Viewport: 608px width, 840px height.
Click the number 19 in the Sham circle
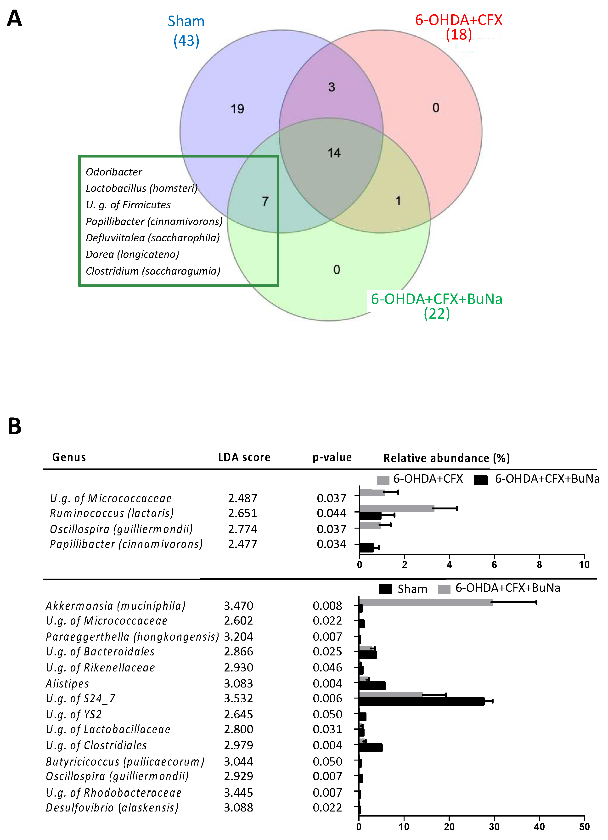pos(237,109)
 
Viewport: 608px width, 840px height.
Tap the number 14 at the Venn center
pos(334,152)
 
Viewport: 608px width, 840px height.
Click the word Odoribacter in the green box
pos(114,172)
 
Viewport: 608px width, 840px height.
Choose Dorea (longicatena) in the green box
pos(132,254)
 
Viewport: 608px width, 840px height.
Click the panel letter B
pos(15,426)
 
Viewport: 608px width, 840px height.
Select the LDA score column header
pos(244,457)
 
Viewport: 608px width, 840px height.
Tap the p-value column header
pos(332,457)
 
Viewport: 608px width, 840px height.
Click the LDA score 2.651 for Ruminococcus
pos(242,513)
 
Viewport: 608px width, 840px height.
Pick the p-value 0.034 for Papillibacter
pos(331,544)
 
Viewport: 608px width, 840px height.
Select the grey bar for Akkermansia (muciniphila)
pos(425,603)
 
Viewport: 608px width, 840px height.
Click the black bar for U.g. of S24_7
pos(421,701)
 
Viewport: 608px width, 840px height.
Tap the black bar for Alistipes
pos(372,686)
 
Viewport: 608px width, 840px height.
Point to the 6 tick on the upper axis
pos(494,565)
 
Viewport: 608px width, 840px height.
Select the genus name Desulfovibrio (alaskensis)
pos(112,807)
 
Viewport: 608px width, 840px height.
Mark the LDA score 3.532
pos(238,699)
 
